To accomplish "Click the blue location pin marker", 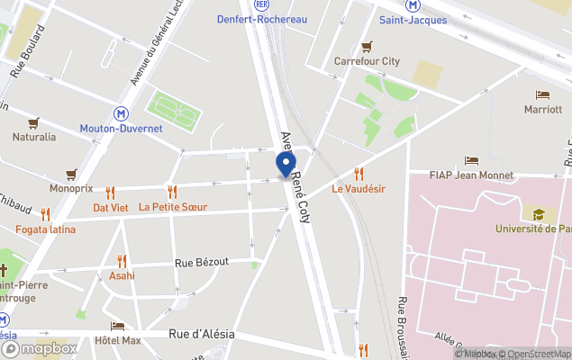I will [x=285, y=165].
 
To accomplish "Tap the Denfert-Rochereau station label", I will [x=261, y=19].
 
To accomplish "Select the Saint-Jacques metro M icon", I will [x=413, y=4].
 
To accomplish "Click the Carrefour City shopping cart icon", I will [x=367, y=47].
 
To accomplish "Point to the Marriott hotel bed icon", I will [x=542, y=95].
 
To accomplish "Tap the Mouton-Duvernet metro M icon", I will [x=121, y=113].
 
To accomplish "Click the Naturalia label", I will [x=33, y=137].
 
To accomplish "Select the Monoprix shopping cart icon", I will [x=71, y=175].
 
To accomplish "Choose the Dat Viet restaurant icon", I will [x=111, y=193].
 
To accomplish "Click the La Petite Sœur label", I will [x=172, y=207].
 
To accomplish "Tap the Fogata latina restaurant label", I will [x=45, y=229].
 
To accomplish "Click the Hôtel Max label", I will [x=118, y=341].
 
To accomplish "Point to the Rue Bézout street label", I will [x=202, y=262].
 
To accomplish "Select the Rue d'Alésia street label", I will [x=202, y=334].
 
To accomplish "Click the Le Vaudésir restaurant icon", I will [x=359, y=174].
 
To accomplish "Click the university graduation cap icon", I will [x=539, y=214].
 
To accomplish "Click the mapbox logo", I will [x=40, y=348].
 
